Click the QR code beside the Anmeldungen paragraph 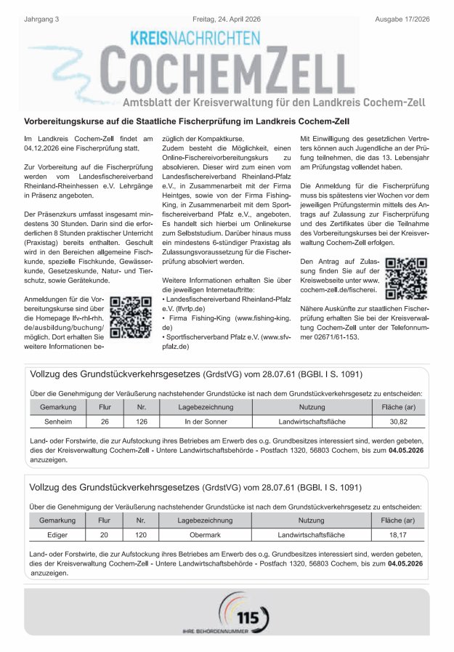(x=130, y=318)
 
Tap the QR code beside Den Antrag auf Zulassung (x=406, y=279)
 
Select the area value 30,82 (x=398, y=421)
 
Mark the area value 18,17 (x=398, y=534)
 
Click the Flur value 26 (x=105, y=421)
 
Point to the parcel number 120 (x=141, y=534)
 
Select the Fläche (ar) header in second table (x=398, y=520)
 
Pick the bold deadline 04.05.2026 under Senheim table (x=406, y=451)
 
